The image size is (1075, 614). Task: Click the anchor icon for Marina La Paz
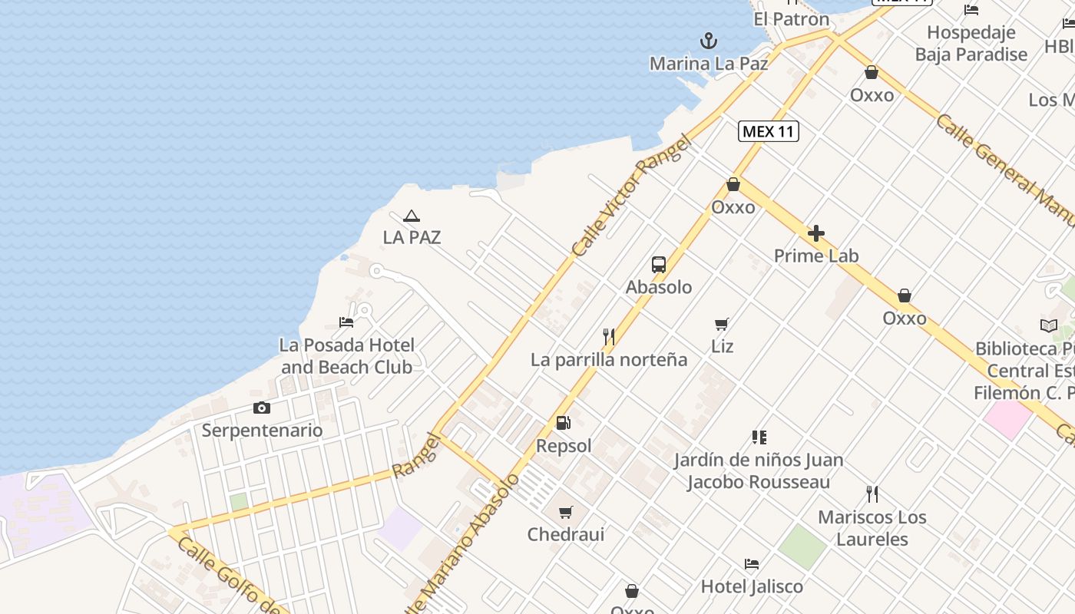708,40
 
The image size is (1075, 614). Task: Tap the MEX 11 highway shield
769,131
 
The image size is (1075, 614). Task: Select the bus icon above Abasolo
659,265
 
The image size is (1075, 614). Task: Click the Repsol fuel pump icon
563,423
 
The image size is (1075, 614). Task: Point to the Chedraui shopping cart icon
566,512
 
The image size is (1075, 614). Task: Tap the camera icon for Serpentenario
262,408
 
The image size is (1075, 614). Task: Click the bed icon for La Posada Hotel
346,322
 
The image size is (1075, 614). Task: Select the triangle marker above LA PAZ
412,216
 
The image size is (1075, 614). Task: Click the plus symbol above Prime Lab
816,233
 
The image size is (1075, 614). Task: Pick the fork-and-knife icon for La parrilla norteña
609,336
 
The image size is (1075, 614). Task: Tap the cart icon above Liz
721,324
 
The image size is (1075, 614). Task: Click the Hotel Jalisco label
752,586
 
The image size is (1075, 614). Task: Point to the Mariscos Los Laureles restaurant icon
872,494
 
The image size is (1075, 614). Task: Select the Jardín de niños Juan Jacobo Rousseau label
759,471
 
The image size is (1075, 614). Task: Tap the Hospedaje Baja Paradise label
971,44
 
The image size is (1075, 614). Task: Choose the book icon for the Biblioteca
1048,325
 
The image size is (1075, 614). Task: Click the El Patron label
791,19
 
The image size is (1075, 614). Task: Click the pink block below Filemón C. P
1007,418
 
